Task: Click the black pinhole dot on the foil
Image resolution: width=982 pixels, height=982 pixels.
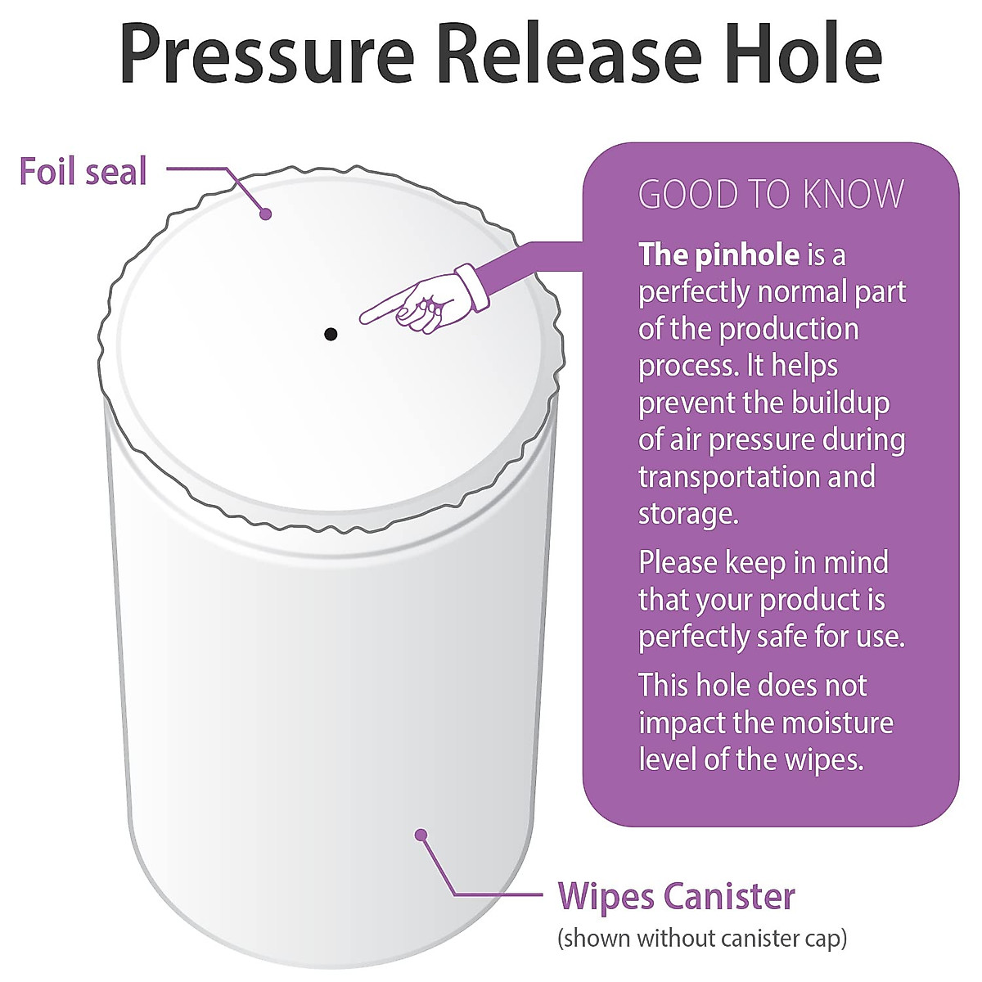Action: [331, 333]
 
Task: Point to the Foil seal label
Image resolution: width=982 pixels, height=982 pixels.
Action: [83, 172]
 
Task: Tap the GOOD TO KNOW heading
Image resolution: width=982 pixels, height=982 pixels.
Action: [771, 195]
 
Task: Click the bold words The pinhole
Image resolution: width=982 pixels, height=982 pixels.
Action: [718, 255]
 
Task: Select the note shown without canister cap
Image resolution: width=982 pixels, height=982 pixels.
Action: [701, 938]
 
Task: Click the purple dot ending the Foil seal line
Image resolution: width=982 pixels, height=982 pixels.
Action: [265, 214]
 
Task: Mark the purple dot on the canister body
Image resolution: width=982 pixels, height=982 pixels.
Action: [421, 835]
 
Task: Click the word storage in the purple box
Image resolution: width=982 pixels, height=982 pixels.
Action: [686, 514]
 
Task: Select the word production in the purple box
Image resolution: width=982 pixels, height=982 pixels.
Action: [789, 329]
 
